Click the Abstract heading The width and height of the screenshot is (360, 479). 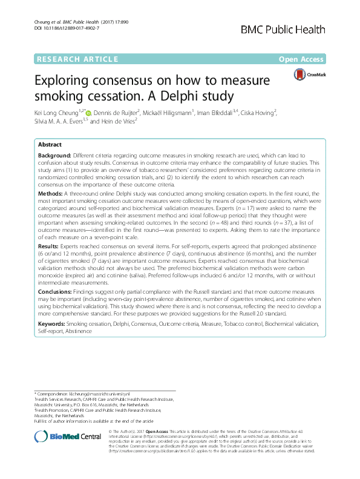50,145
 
